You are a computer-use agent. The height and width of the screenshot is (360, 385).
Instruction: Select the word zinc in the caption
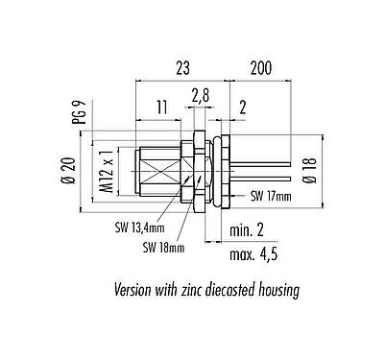pyautogui.click(x=199, y=288)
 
